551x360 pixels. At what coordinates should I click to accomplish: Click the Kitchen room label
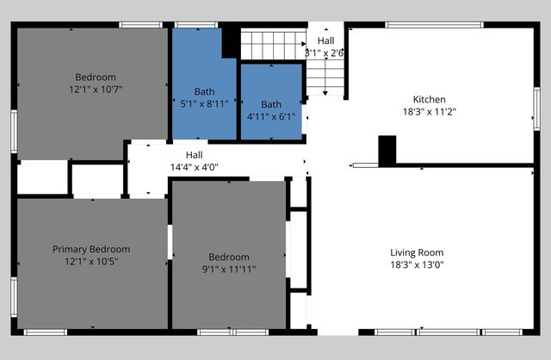(429, 100)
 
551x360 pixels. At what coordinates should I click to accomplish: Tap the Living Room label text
(417, 252)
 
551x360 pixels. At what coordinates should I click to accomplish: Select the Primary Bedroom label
(91, 249)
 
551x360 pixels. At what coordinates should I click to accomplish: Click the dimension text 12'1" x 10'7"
(96, 90)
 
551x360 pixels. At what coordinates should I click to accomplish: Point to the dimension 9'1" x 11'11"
(229, 270)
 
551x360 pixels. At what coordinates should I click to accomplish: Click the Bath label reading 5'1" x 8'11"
(204, 103)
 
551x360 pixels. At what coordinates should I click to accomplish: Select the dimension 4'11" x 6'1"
(271, 116)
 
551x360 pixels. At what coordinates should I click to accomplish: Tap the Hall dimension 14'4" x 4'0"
(195, 167)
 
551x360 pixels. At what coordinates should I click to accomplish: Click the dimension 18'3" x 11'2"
(429, 112)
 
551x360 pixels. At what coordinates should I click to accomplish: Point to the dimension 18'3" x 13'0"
(417, 264)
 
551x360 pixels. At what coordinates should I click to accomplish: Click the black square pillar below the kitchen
(387, 151)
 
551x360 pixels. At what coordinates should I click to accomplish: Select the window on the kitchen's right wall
(537, 109)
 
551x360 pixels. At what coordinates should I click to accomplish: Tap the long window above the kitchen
(434, 25)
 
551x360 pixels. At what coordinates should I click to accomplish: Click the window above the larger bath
(196, 25)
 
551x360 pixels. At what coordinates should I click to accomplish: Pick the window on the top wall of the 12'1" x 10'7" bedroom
(140, 25)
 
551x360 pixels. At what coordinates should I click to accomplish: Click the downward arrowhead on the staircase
(325, 93)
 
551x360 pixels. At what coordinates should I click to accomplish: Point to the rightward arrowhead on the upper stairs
(304, 44)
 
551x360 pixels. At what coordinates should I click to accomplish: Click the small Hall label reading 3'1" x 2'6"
(325, 47)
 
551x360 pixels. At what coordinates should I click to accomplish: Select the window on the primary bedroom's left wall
(14, 297)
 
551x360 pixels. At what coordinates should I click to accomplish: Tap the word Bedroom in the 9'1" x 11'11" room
(229, 257)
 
